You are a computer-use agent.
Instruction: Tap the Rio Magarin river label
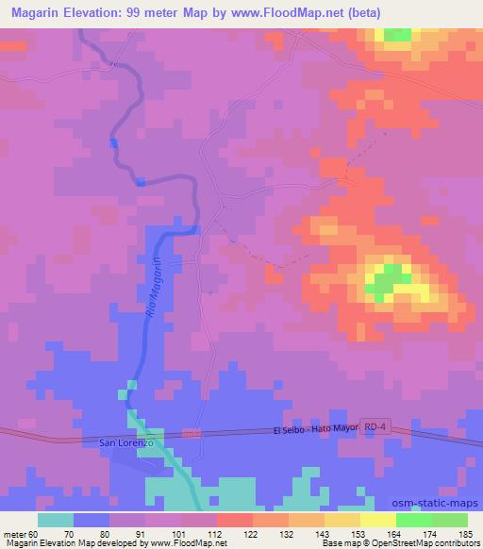tap(156, 291)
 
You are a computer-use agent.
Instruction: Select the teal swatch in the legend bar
tap(57, 520)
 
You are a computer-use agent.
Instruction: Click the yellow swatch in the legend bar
tap(377, 520)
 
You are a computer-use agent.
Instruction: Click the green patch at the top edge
tap(397, 35)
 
